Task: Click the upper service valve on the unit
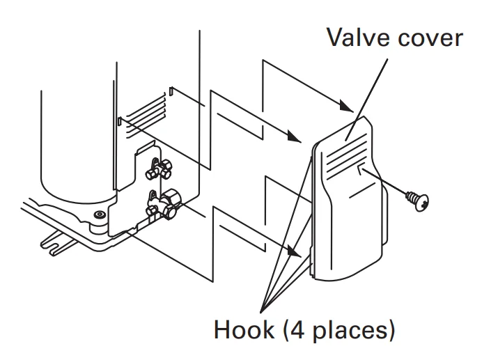[x=161, y=166]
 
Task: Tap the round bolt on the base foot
[x=99, y=214]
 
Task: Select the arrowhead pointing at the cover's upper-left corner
[x=296, y=140]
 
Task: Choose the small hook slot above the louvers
[x=171, y=91]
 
